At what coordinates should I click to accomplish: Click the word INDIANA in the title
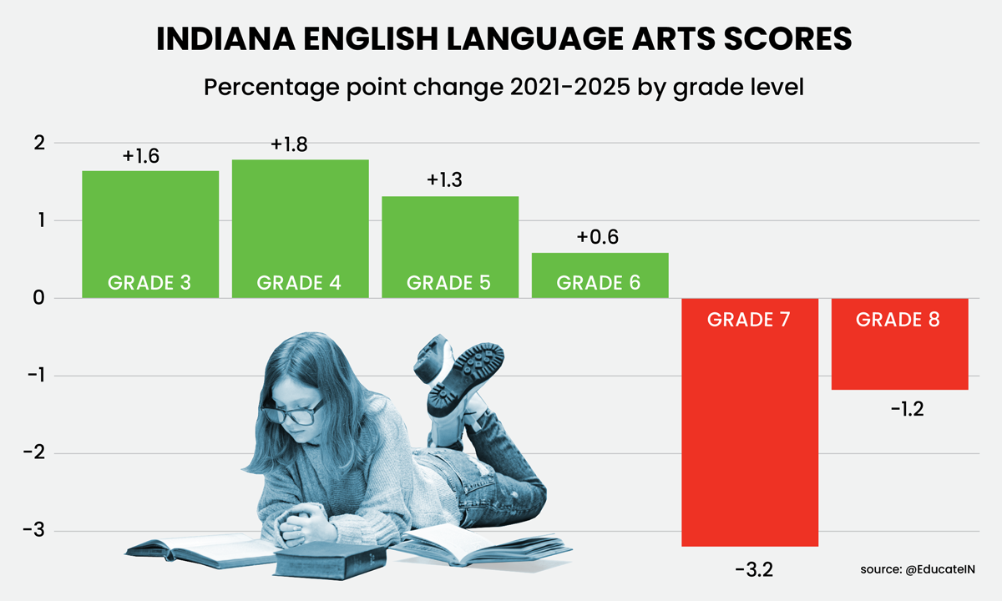[x=226, y=39]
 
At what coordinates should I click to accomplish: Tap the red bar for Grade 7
[x=750, y=422]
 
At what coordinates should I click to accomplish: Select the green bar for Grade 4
[x=300, y=229]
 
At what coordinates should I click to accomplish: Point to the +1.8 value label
[x=289, y=144]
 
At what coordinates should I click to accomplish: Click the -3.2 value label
[x=754, y=569]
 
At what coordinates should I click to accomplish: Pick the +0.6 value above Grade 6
[x=598, y=237]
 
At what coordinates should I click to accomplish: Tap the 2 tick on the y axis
[x=39, y=143]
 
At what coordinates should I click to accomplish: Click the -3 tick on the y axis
[x=34, y=530]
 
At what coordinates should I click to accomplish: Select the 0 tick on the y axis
[x=39, y=298]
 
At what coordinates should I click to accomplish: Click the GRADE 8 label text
[x=898, y=319]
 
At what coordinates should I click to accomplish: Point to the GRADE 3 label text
[x=149, y=283]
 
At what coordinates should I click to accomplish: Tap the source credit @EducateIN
[x=940, y=569]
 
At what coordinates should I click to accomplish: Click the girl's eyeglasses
[x=293, y=412]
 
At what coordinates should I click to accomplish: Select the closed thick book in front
[x=330, y=560]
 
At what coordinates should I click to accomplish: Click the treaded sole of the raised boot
[x=466, y=380]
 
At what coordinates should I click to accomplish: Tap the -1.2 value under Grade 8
[x=907, y=409]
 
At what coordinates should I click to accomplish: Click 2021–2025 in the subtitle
[x=569, y=87]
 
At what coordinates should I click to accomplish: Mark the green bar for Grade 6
[x=600, y=275]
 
